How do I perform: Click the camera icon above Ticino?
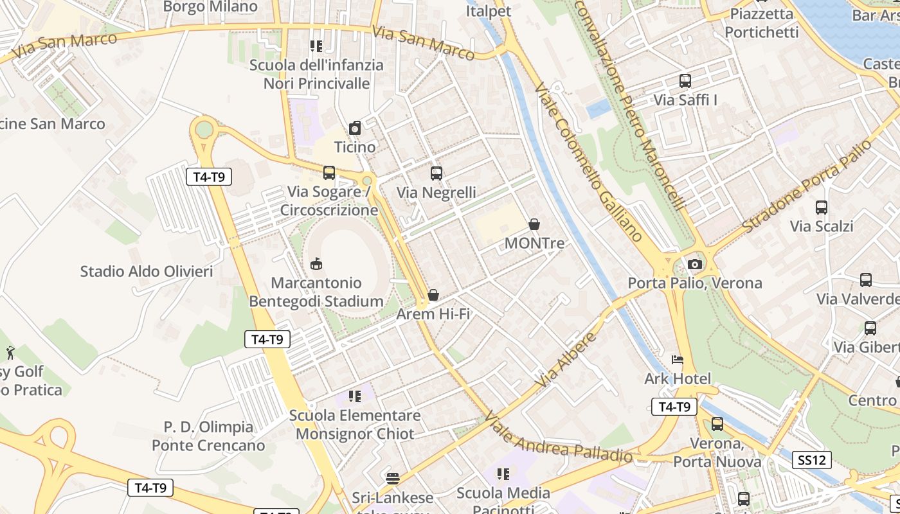355,128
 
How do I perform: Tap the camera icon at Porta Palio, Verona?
694,264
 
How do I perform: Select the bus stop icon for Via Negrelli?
437,173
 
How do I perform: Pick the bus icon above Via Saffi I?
685,81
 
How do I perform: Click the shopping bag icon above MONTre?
534,224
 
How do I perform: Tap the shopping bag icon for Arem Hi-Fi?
433,295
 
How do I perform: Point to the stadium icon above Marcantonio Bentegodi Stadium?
316,263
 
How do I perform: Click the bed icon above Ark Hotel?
678,360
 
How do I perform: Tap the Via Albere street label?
566,360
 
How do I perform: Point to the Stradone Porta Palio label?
807,186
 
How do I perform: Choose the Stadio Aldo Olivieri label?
147,271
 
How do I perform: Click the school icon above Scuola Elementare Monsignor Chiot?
354,396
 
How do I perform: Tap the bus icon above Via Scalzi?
821,208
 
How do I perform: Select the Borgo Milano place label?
210,7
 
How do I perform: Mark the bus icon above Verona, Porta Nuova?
717,424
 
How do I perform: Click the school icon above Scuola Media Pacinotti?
503,474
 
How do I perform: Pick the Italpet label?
488,11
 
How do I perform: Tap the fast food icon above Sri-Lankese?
393,478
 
